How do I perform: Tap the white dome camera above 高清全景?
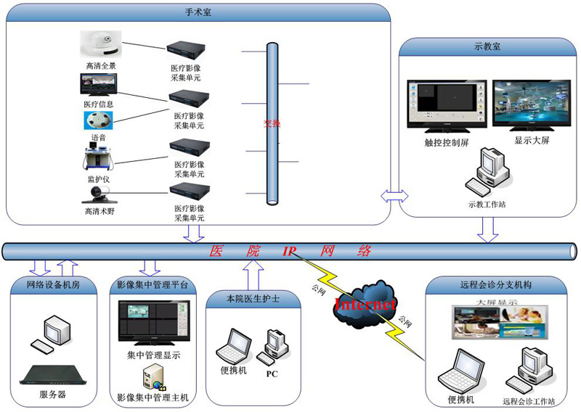click(x=101, y=45)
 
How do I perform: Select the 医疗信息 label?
click(x=99, y=104)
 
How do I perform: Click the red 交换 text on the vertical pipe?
click(x=272, y=123)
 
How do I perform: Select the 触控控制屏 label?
click(x=447, y=142)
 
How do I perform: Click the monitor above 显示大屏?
click(x=532, y=104)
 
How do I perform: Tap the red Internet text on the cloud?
click(x=365, y=304)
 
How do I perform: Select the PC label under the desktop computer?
click(x=272, y=374)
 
